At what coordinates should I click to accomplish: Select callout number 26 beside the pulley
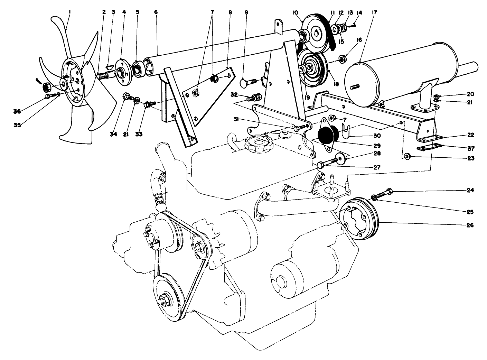[x=469, y=225]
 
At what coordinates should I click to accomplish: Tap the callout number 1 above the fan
[x=69, y=12]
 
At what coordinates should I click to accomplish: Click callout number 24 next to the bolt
[x=469, y=190]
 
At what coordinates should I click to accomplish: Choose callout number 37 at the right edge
[x=469, y=148]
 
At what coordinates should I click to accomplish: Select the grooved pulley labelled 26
[x=359, y=218]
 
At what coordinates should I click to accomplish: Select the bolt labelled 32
[x=254, y=97]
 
